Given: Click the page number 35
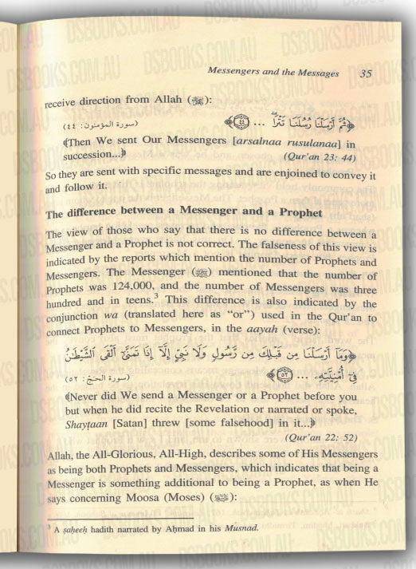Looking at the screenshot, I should click(x=365, y=74).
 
